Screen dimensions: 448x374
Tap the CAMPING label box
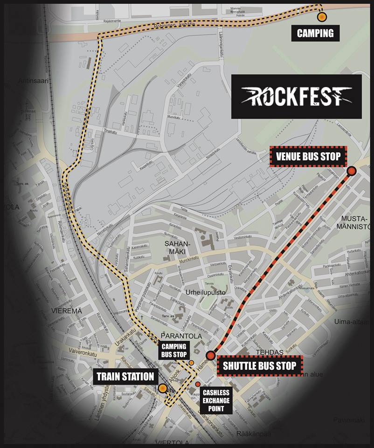pyautogui.click(x=315, y=33)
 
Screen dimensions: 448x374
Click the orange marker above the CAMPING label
pyautogui.click(x=321, y=17)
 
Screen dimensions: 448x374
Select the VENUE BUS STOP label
pyautogui.click(x=308, y=156)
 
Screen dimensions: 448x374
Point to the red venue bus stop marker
pyautogui.click(x=352, y=171)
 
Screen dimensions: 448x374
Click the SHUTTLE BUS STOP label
pyautogui.click(x=259, y=366)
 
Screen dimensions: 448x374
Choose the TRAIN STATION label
pyautogui.click(x=125, y=376)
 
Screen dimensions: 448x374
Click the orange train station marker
pyautogui.click(x=162, y=388)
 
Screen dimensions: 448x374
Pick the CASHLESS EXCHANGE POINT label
pyautogui.click(x=216, y=401)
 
